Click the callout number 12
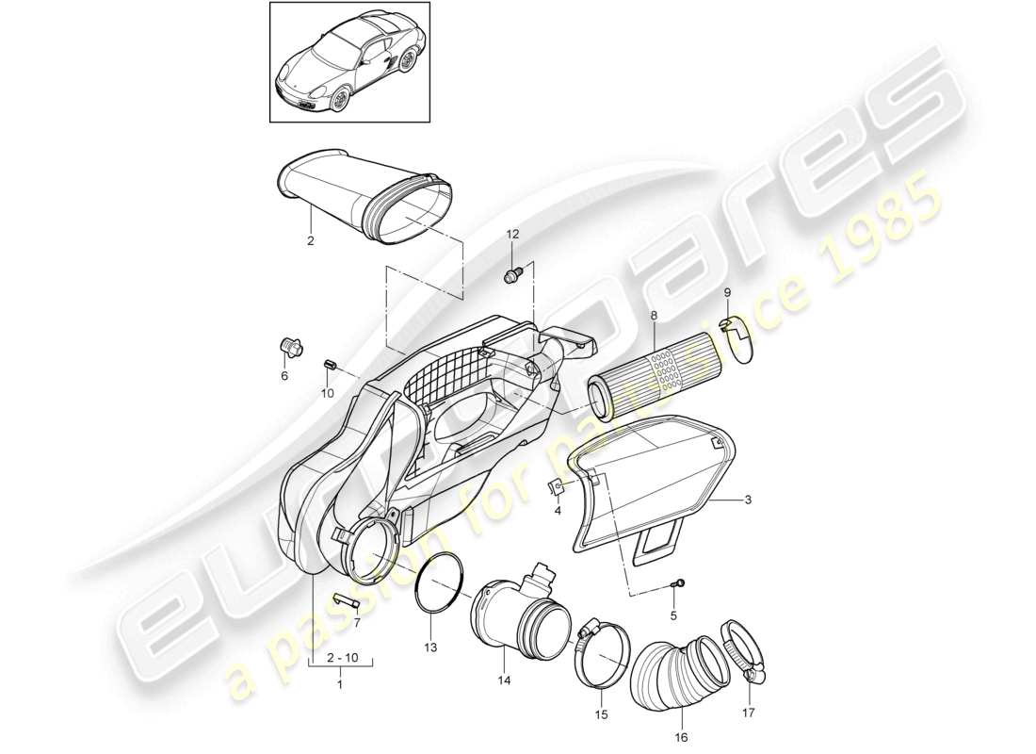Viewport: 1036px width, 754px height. [512, 233]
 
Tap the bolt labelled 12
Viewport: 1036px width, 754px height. [512, 275]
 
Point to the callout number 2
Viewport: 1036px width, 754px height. [309, 241]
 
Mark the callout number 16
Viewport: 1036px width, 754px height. [681, 738]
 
